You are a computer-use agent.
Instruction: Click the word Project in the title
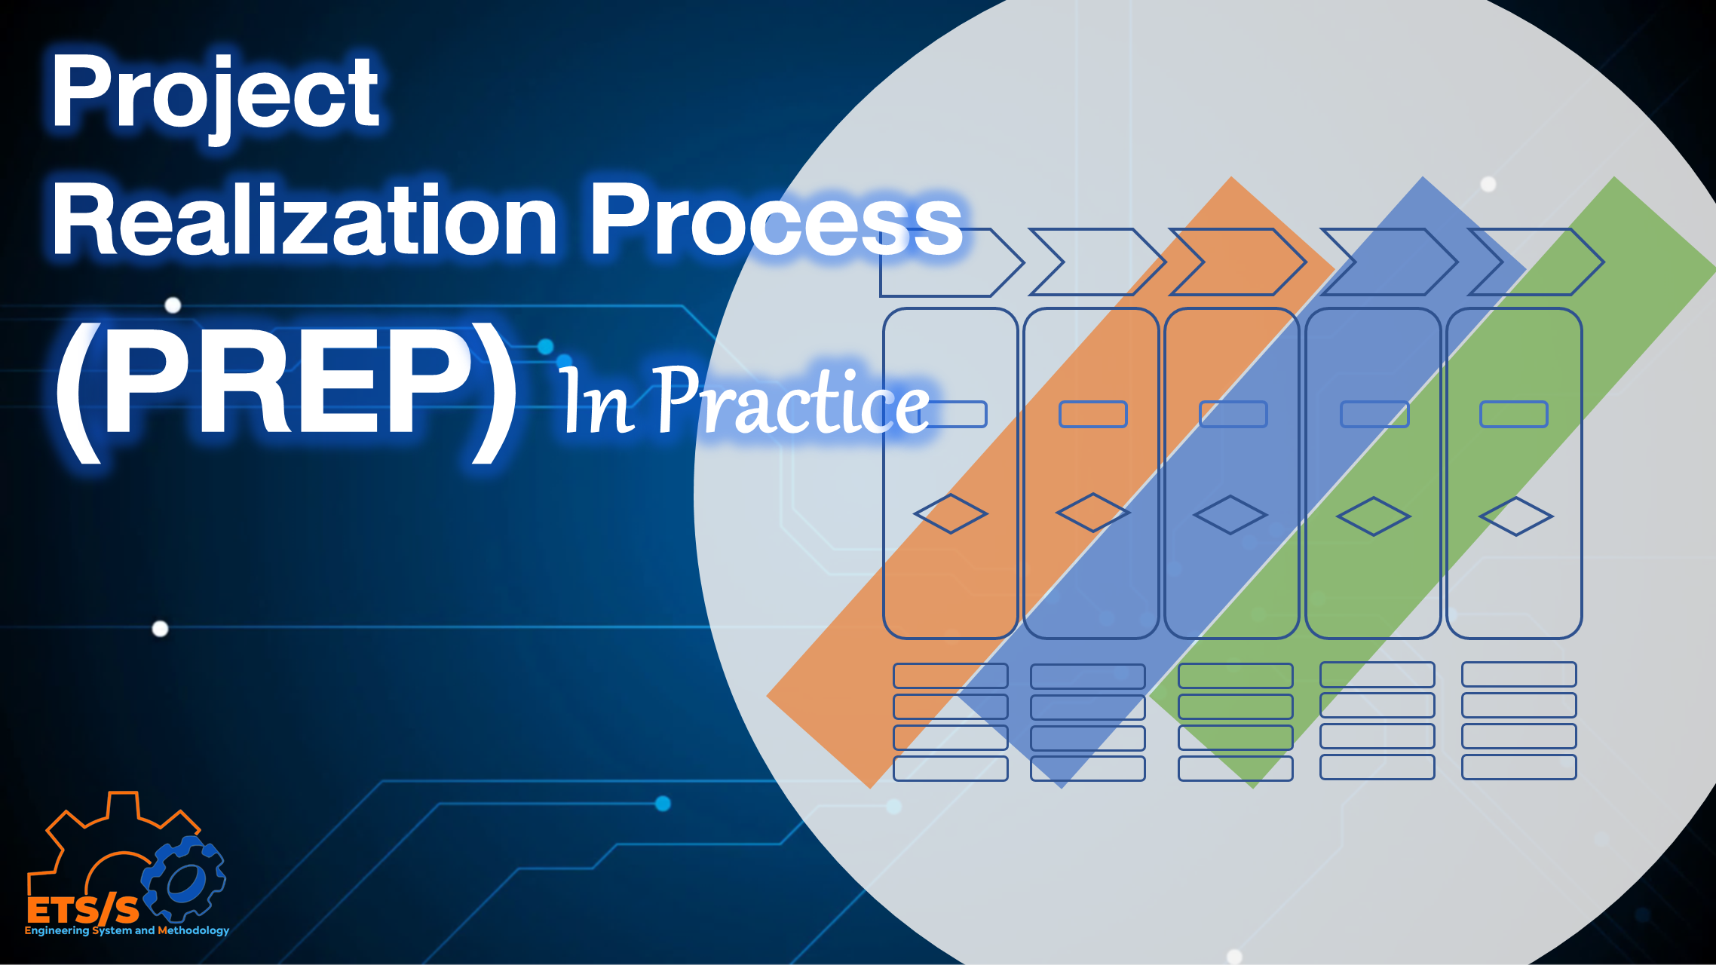(215, 94)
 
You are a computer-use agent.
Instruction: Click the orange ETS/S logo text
(83, 911)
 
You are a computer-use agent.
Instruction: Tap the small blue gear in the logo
(184, 879)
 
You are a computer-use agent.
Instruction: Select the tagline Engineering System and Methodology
(127, 931)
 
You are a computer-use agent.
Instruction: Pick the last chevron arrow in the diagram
(1535, 262)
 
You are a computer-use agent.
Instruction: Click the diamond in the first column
(951, 514)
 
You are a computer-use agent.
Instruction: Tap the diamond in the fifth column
(1516, 516)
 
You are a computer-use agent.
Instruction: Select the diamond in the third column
(1230, 515)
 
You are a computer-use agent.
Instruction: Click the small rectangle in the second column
(1092, 414)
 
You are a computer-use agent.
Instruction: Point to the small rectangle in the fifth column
(1514, 414)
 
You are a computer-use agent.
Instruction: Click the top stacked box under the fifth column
(1518, 674)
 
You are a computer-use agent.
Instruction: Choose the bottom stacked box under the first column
(950, 768)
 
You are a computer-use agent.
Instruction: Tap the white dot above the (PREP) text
(173, 305)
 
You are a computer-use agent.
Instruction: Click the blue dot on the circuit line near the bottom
(663, 804)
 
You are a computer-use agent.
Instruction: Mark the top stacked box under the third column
(1235, 675)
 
